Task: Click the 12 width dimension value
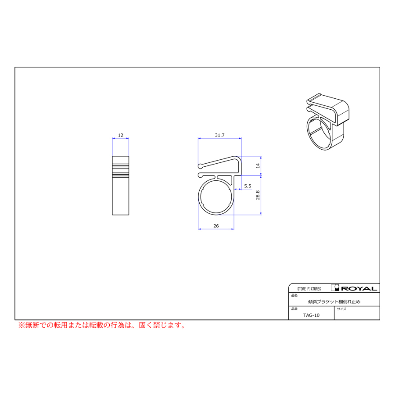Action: [121, 135]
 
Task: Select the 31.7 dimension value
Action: [220, 135]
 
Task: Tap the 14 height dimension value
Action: [258, 165]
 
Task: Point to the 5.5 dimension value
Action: [248, 186]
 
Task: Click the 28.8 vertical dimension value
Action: [258, 195]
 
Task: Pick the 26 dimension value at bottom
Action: [216, 226]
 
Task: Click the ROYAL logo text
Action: [359, 288]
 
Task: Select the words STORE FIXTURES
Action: [309, 289]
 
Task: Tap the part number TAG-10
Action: [311, 315]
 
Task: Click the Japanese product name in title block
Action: [334, 302]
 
